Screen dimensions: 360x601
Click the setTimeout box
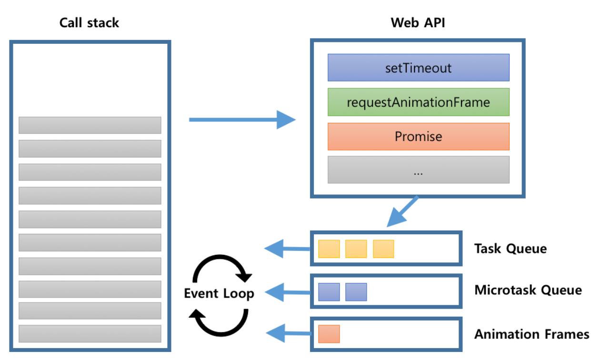[418, 68]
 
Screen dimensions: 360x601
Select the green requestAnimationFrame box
[418, 102]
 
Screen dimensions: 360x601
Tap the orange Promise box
[418, 137]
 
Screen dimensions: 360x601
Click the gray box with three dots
[418, 170]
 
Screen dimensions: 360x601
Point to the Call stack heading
[89, 22]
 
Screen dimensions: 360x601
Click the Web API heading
[418, 22]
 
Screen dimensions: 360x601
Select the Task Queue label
[511, 249]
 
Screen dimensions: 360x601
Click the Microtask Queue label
[528, 290]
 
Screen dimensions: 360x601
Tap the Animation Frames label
[531, 334]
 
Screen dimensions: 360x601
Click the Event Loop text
[219, 293]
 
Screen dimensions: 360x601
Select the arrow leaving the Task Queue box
[286, 248]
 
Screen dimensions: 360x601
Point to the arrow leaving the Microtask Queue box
[286, 291]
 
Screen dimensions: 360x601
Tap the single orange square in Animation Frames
[329, 334]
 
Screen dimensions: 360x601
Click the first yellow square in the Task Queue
[329, 249]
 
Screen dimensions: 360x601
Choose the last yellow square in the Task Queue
[383, 249]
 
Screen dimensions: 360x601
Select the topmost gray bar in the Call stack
[90, 125]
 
